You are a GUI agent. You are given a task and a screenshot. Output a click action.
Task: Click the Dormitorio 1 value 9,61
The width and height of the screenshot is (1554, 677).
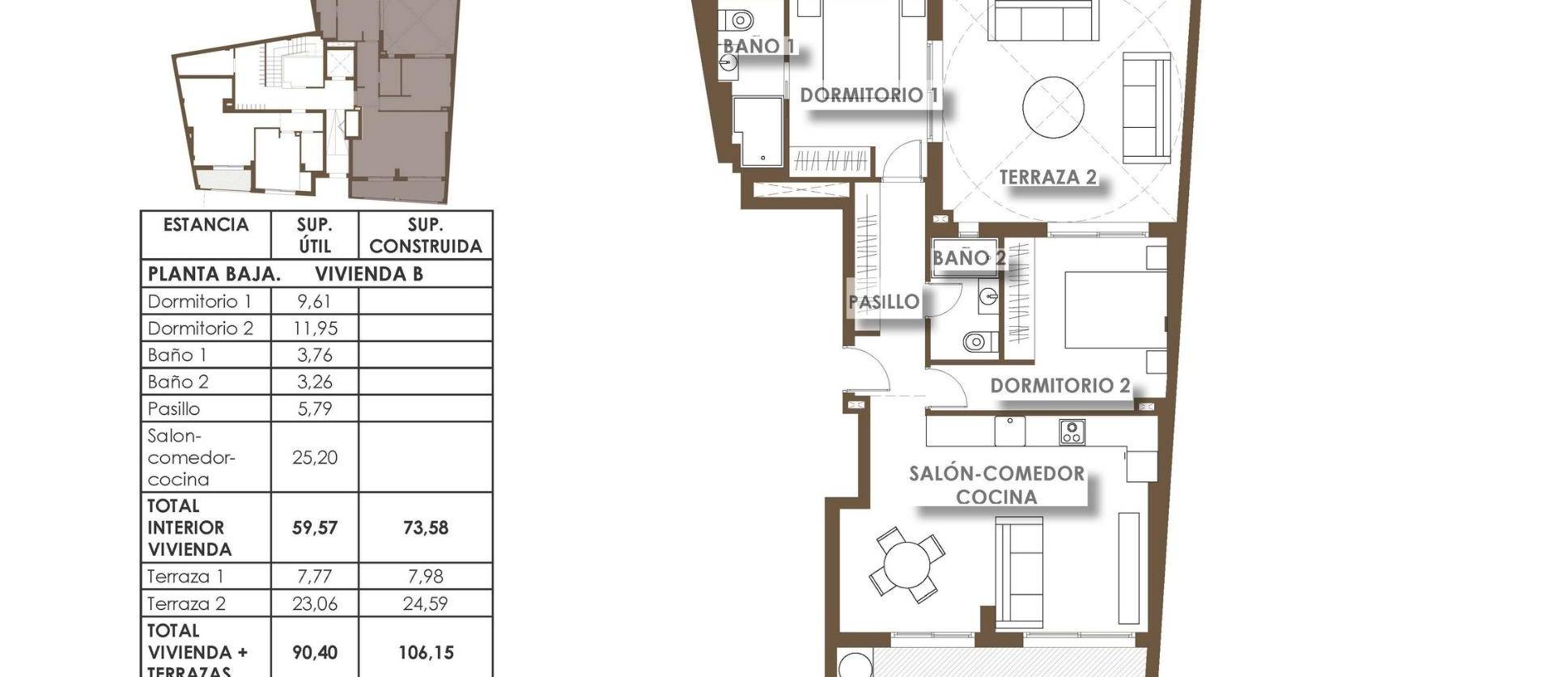(x=314, y=302)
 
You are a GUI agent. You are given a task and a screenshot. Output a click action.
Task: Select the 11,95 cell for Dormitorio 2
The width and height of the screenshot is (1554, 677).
(x=314, y=328)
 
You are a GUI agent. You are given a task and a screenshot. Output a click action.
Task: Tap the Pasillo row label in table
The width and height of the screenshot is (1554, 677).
(x=174, y=408)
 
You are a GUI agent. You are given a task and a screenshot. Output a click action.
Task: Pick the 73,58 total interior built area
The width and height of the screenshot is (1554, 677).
(x=425, y=527)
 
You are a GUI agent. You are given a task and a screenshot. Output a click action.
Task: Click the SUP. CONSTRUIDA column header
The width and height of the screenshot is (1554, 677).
(x=425, y=235)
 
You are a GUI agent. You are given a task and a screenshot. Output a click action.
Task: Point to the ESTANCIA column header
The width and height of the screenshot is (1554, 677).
(x=206, y=225)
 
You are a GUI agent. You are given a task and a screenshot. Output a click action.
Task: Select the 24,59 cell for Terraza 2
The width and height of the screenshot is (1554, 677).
(x=425, y=603)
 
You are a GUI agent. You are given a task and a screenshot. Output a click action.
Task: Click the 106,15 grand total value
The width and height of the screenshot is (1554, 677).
(x=425, y=652)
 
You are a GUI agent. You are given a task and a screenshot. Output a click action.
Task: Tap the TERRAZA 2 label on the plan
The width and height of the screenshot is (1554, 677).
(x=1047, y=177)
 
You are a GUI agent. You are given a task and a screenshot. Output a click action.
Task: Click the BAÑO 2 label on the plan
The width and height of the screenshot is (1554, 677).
(x=968, y=258)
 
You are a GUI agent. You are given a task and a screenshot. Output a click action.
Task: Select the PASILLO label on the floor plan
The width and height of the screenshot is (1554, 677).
(x=884, y=302)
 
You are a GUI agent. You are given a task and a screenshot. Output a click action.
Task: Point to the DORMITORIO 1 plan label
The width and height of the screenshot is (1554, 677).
(x=868, y=95)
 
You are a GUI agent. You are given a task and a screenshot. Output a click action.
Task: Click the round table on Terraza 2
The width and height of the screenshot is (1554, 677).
(x=1053, y=107)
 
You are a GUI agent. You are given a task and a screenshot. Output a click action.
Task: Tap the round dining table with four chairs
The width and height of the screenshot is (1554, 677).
(x=907, y=564)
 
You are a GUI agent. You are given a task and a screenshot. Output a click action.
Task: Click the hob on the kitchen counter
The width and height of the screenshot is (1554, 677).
(x=1072, y=432)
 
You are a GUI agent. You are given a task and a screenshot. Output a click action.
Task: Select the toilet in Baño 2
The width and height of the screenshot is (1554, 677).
(x=979, y=341)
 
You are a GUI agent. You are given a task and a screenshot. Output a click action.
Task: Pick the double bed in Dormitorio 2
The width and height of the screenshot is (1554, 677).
(x=1114, y=310)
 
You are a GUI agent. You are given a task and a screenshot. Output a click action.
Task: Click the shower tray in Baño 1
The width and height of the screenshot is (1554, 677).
(x=758, y=131)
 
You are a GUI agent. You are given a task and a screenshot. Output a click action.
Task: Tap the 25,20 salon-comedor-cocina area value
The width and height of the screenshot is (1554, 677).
(x=314, y=457)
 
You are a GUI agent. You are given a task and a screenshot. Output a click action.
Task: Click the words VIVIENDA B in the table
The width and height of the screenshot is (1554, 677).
(x=368, y=274)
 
